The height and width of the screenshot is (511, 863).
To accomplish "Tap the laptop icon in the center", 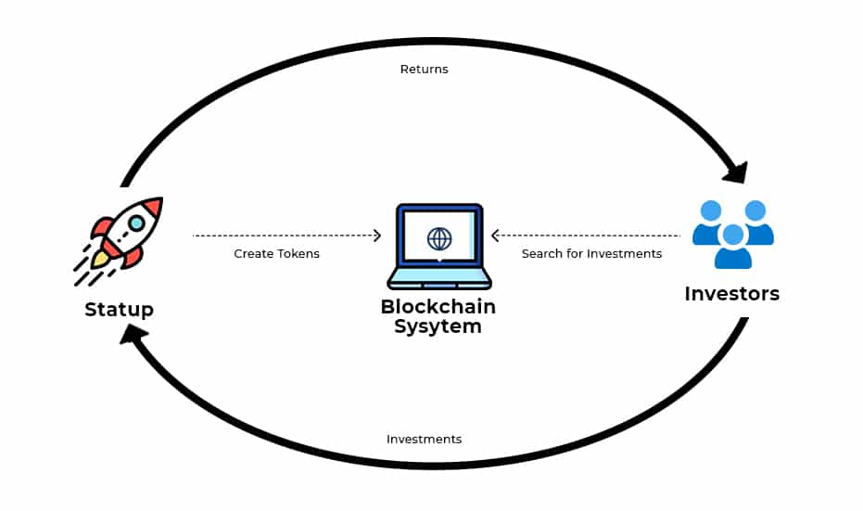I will (439, 246).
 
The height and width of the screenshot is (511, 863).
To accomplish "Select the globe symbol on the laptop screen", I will (439, 238).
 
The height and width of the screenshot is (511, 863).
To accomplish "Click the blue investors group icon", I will (733, 235).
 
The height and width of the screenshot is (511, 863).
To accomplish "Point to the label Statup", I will (119, 310).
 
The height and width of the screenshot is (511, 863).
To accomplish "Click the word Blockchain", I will (438, 307).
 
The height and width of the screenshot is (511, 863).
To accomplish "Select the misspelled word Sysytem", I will (438, 326).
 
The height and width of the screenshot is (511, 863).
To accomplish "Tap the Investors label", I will (731, 294).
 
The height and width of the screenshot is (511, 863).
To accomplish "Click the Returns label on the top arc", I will (424, 70).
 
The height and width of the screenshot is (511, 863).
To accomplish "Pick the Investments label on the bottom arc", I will (424, 439).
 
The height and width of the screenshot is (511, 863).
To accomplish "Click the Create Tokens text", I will (276, 253).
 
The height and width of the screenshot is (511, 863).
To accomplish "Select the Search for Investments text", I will (591, 253).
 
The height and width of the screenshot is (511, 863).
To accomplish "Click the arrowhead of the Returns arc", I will (736, 172).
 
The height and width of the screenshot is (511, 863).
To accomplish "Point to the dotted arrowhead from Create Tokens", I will (376, 236).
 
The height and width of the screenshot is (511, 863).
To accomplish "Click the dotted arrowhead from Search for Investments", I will (496, 236).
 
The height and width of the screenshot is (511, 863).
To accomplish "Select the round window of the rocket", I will (136, 223).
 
